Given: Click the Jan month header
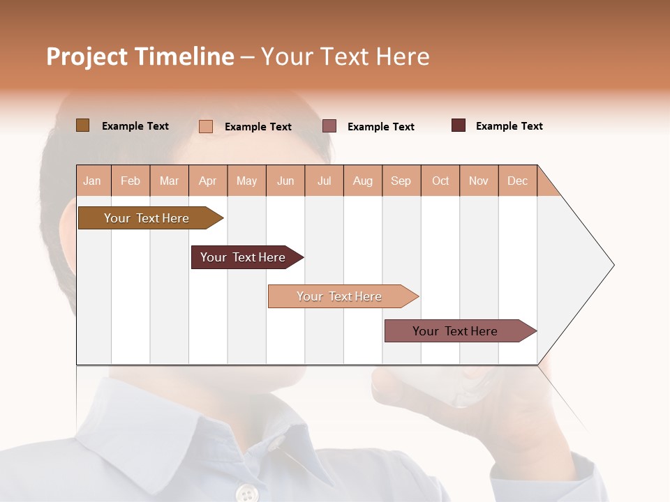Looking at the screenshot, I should tap(93, 181).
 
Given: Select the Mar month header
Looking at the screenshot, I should tap(169, 181).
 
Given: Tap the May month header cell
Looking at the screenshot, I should tap(246, 181).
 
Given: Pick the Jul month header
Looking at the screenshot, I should tap(324, 181).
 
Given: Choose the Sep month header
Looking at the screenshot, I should tap(401, 181).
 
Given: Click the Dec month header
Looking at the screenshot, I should tap(517, 181).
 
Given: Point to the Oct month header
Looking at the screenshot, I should tap(440, 181).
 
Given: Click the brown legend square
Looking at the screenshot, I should tap(82, 125).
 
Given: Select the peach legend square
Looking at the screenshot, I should tap(206, 126).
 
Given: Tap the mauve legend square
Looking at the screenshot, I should tap(329, 126).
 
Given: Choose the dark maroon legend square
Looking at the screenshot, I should tap(458, 125).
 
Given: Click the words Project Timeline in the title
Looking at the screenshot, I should tap(140, 56).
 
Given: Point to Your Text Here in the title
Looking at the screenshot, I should tap(345, 56).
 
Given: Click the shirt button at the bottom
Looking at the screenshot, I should tap(246, 493).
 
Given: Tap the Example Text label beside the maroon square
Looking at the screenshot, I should tap(509, 126).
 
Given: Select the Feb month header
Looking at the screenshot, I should tap(131, 181).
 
